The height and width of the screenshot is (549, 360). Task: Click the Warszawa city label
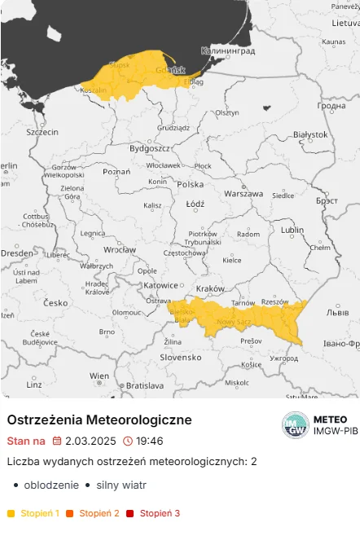click(x=244, y=194)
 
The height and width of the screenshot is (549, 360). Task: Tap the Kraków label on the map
click(x=210, y=288)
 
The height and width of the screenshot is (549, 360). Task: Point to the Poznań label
click(x=116, y=172)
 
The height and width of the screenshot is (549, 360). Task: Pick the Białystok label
click(x=310, y=134)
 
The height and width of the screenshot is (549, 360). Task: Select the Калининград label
click(x=228, y=51)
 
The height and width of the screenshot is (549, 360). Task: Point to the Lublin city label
click(x=291, y=231)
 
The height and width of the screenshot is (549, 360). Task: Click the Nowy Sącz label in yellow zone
click(x=233, y=322)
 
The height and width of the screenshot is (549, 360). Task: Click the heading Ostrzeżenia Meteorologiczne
click(x=99, y=419)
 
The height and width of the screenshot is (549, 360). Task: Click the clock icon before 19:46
click(x=127, y=441)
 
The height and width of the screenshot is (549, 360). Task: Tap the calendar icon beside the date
click(x=57, y=441)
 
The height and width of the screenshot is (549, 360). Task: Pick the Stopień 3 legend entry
click(x=159, y=513)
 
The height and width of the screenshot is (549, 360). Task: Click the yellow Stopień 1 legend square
click(x=11, y=513)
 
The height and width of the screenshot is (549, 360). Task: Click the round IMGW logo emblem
click(x=295, y=425)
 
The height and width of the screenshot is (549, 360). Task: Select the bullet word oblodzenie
click(x=50, y=485)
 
